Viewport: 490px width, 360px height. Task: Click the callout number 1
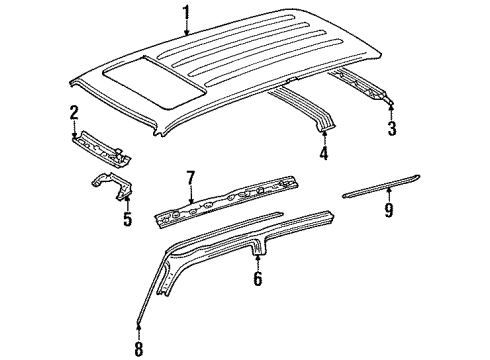(x=187, y=13)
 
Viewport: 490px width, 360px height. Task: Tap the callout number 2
(x=74, y=113)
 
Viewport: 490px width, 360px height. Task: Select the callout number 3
(x=392, y=128)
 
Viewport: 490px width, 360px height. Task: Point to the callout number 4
(x=324, y=153)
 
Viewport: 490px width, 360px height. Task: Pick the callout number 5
(x=127, y=218)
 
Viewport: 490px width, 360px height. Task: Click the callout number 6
(x=258, y=279)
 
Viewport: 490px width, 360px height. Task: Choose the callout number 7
(x=190, y=179)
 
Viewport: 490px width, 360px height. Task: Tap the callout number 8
(x=139, y=349)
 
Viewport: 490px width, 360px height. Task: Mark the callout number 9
(x=389, y=210)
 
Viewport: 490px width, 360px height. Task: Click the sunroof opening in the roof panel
(x=155, y=82)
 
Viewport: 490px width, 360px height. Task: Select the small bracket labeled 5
(x=112, y=185)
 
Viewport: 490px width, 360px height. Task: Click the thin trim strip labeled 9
(x=381, y=186)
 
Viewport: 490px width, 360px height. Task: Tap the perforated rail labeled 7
(x=226, y=201)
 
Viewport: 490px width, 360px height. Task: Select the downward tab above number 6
(x=258, y=248)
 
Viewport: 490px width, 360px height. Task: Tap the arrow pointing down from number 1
(x=187, y=27)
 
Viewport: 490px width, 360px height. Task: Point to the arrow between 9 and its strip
(x=389, y=195)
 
